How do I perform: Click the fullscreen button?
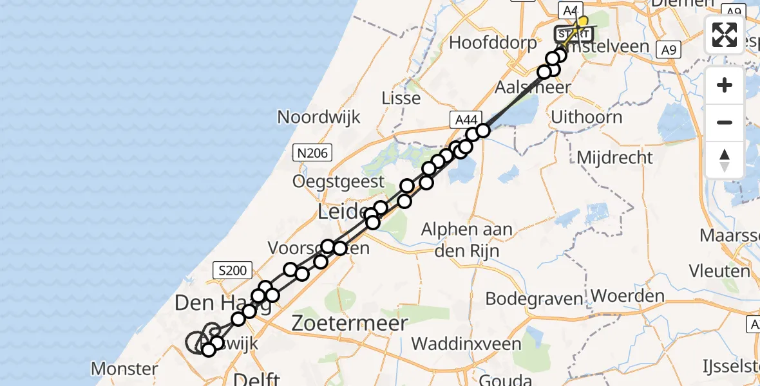point(725,35)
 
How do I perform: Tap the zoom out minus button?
point(725,122)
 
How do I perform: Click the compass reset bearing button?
point(725,160)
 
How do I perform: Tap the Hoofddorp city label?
point(493,44)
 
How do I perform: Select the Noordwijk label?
point(319,117)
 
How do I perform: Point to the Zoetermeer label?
point(349,324)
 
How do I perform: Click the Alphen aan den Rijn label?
point(466,239)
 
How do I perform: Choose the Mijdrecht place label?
point(614,158)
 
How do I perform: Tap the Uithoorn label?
point(587,117)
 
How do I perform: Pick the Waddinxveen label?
point(466,344)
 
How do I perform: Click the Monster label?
point(124,369)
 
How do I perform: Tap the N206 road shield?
point(312,152)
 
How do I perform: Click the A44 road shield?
point(466,119)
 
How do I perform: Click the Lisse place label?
point(401,98)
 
